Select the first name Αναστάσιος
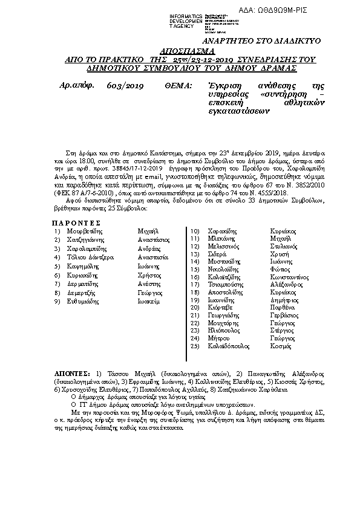pos(154,239)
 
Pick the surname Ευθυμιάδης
pos(83,300)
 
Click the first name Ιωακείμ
pos(148,300)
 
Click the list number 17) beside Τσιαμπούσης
pos(195,284)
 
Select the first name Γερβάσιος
pos(284,315)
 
